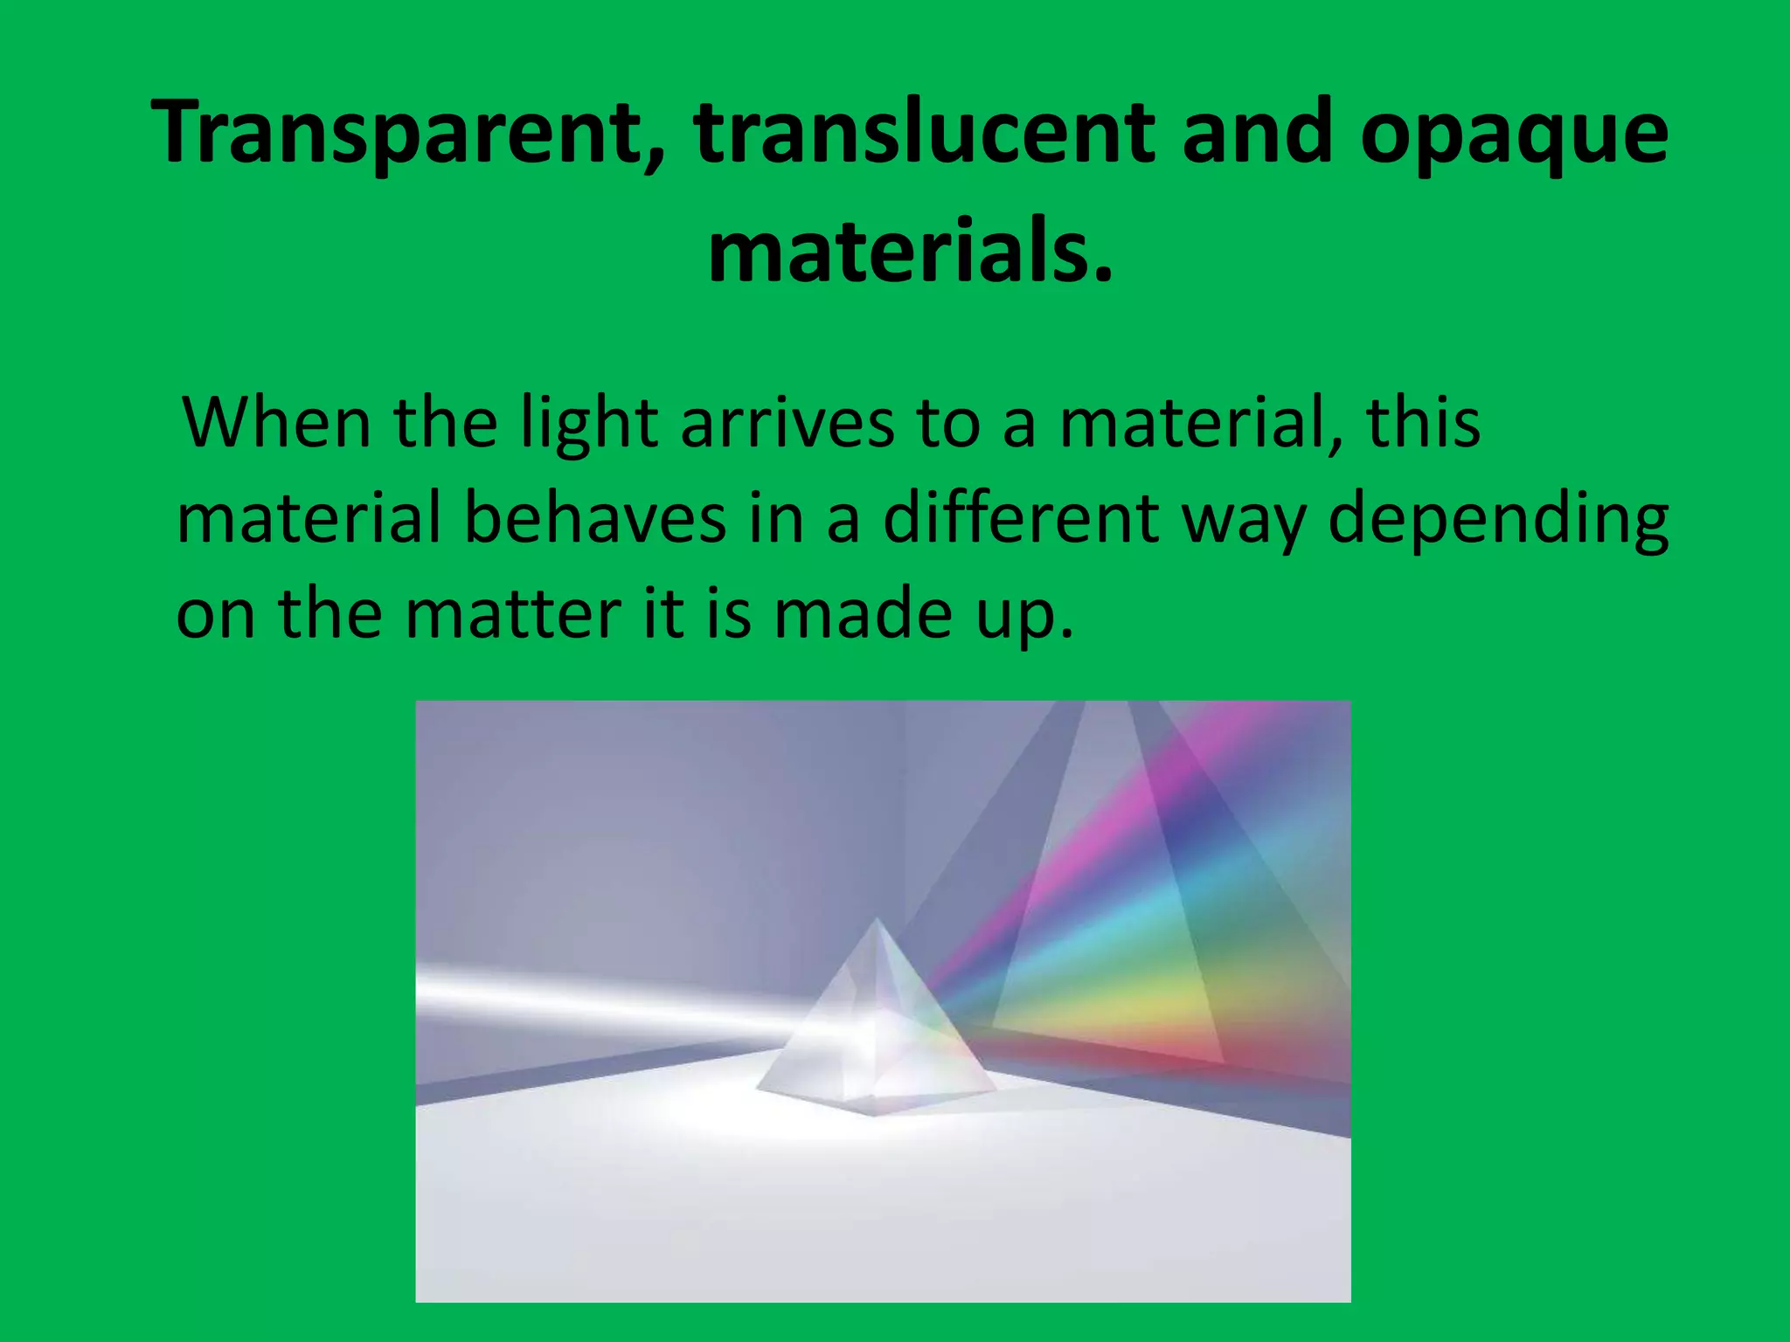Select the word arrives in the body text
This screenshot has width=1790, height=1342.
pos(787,423)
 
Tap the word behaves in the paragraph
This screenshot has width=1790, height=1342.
pos(594,518)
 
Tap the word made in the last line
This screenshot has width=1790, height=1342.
pos(862,613)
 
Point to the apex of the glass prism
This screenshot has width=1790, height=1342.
pos(877,922)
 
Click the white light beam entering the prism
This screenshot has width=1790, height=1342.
pos(594,996)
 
